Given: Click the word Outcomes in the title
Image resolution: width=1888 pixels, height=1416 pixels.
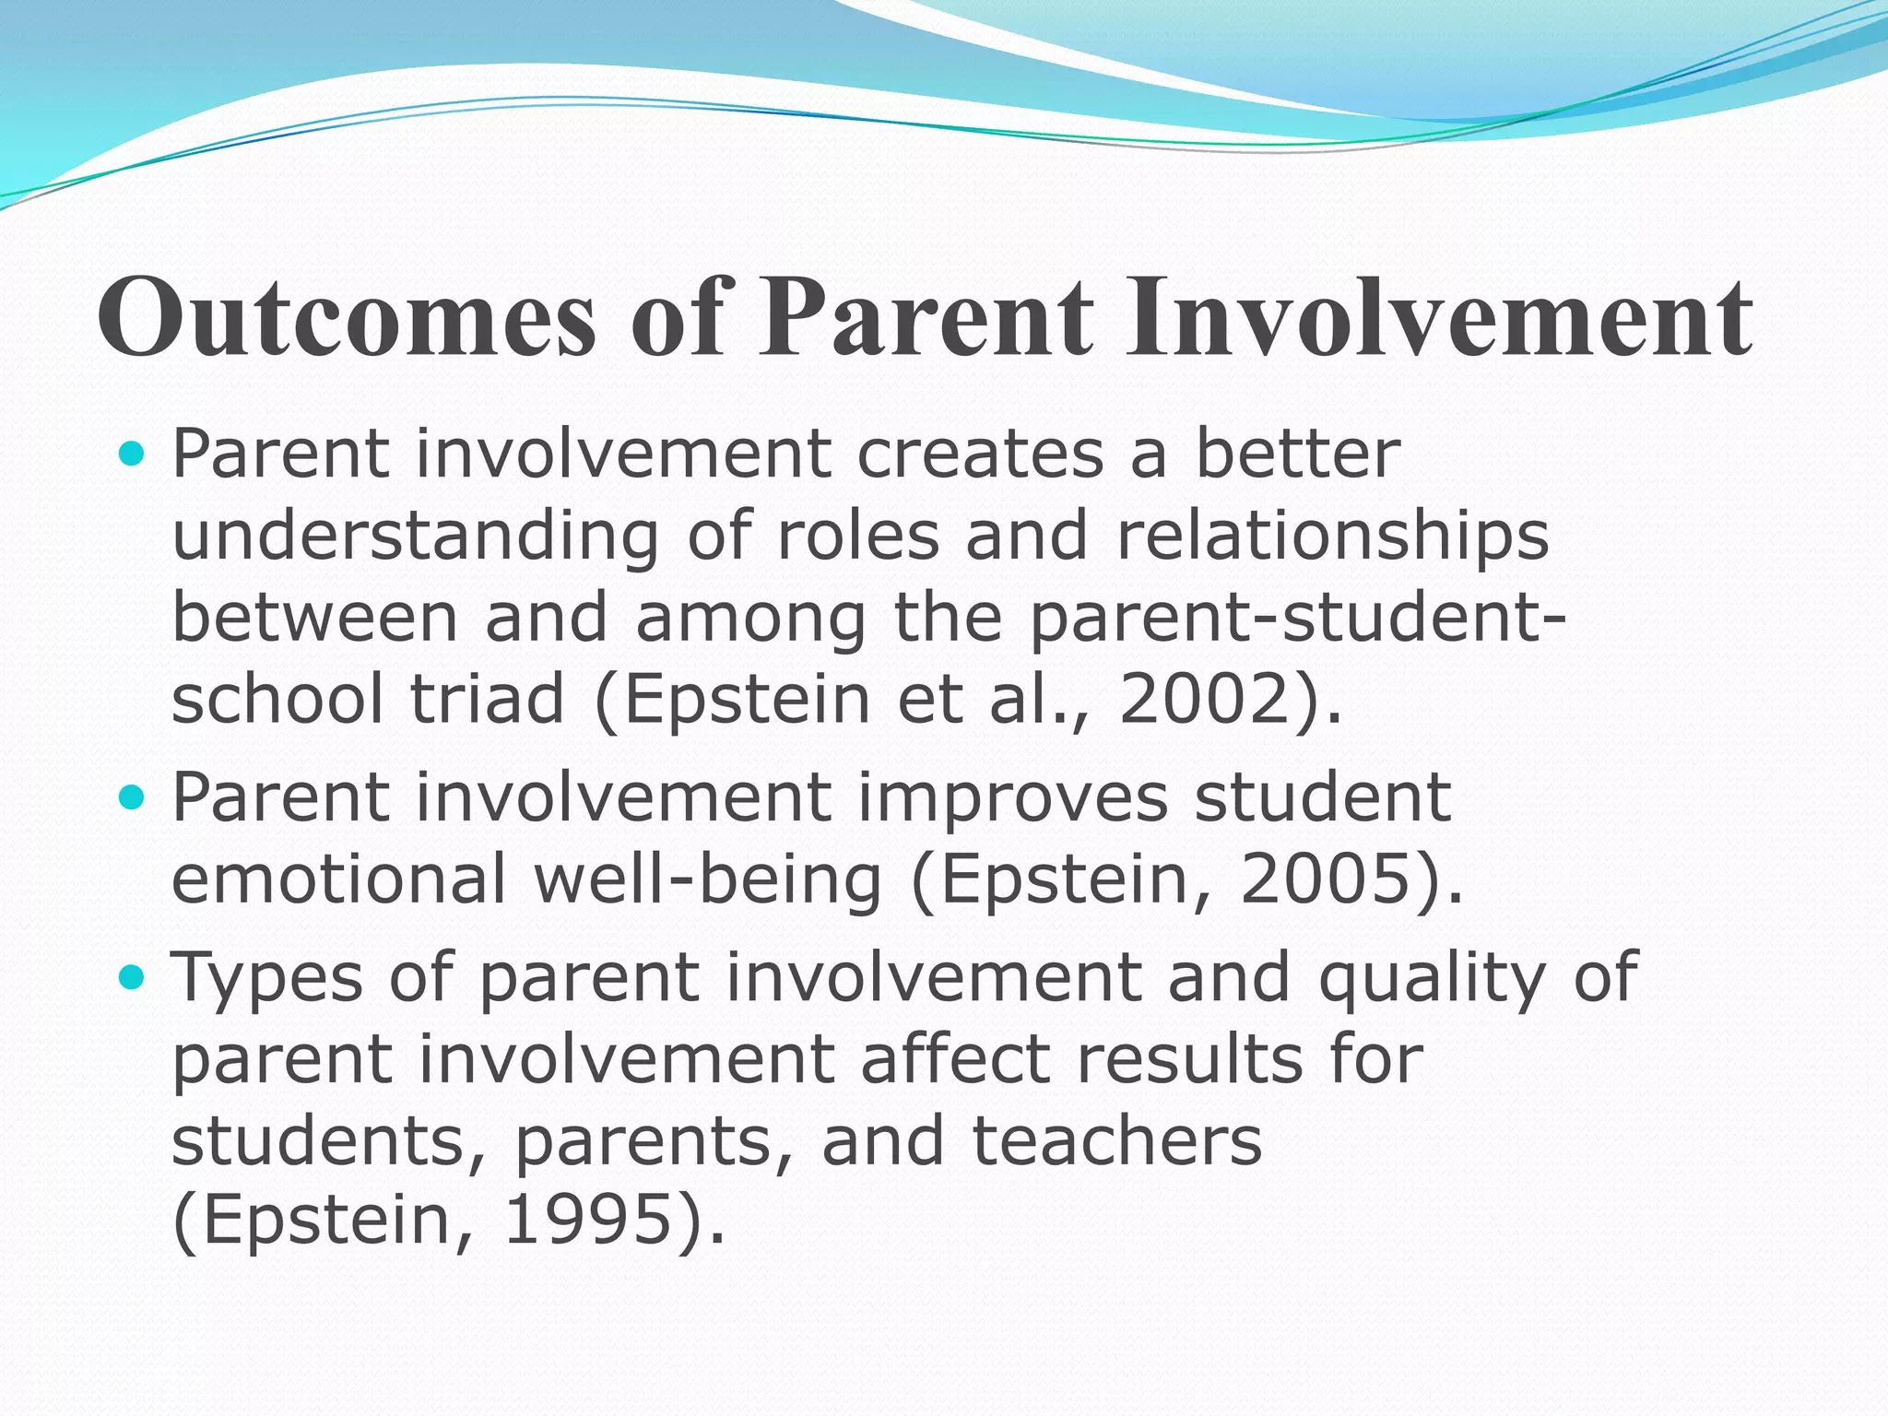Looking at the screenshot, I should pyautogui.click(x=347, y=318).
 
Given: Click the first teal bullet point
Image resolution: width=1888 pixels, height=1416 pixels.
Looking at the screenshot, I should pyautogui.click(x=134, y=454).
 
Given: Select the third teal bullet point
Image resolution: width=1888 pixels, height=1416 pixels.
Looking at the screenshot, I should pyautogui.click(x=134, y=976).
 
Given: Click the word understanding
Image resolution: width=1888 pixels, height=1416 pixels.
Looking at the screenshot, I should pyautogui.click(x=416, y=537).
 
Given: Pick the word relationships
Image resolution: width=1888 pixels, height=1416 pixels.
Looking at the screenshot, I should pyautogui.click(x=1332, y=537).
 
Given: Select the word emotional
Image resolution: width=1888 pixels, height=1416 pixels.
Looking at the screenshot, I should pyautogui.click(x=339, y=879).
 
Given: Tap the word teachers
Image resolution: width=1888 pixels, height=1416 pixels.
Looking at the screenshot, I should pyautogui.click(x=1116, y=1140).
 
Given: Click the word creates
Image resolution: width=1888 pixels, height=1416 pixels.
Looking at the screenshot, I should pyautogui.click(x=980, y=454).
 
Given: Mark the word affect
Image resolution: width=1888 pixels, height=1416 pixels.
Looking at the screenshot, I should pyautogui.click(x=954, y=1058).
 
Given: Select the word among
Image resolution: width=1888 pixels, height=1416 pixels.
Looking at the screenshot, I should pyautogui.click(x=750, y=619).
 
